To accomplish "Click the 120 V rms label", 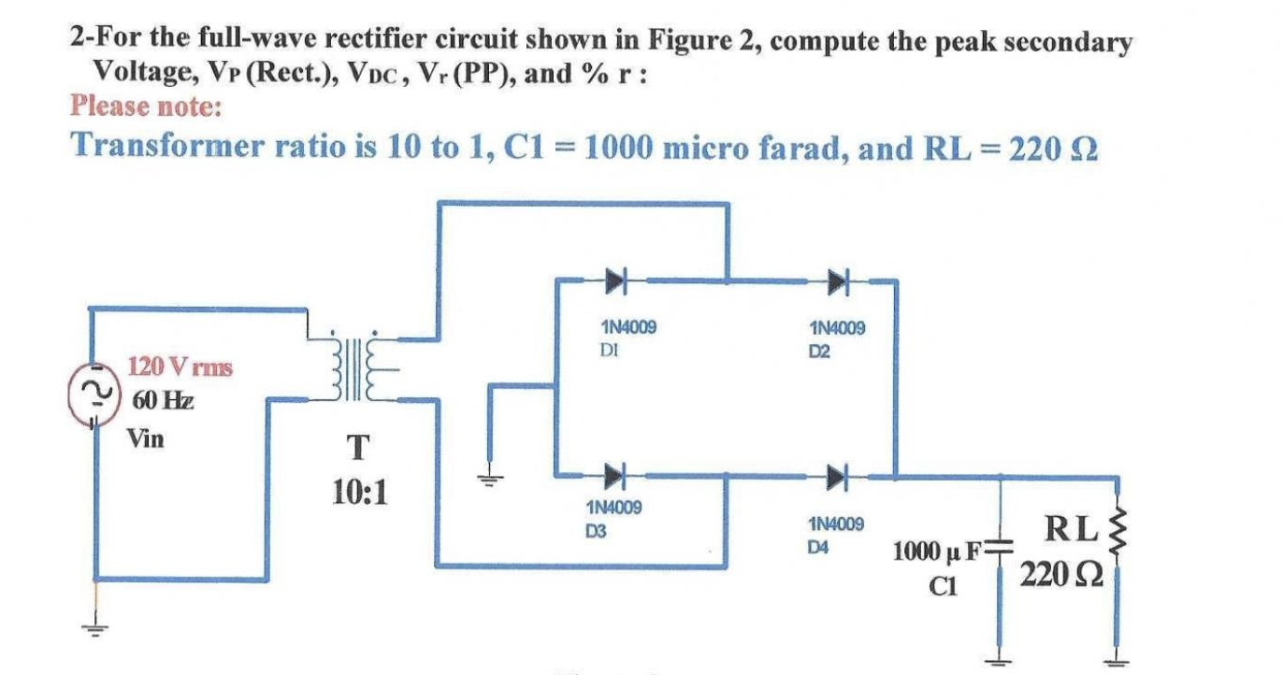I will coord(180,366).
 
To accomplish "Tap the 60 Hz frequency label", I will coord(163,402).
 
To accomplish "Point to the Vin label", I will coord(146,438).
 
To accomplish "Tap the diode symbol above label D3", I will coord(613,476).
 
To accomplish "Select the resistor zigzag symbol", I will coord(1117,536).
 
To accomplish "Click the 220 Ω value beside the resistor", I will coord(1060,572).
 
